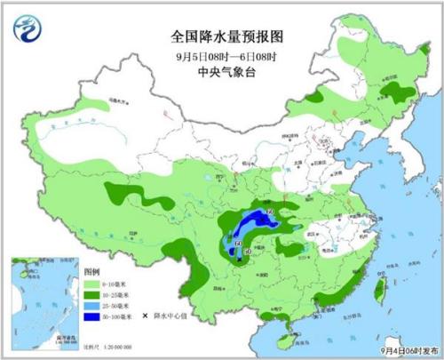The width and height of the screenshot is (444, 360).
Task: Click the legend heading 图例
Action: click(x=91, y=268)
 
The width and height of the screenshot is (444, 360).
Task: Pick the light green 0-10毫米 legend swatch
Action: click(x=91, y=281)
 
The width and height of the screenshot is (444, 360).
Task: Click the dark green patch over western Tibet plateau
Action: click(x=124, y=192)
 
